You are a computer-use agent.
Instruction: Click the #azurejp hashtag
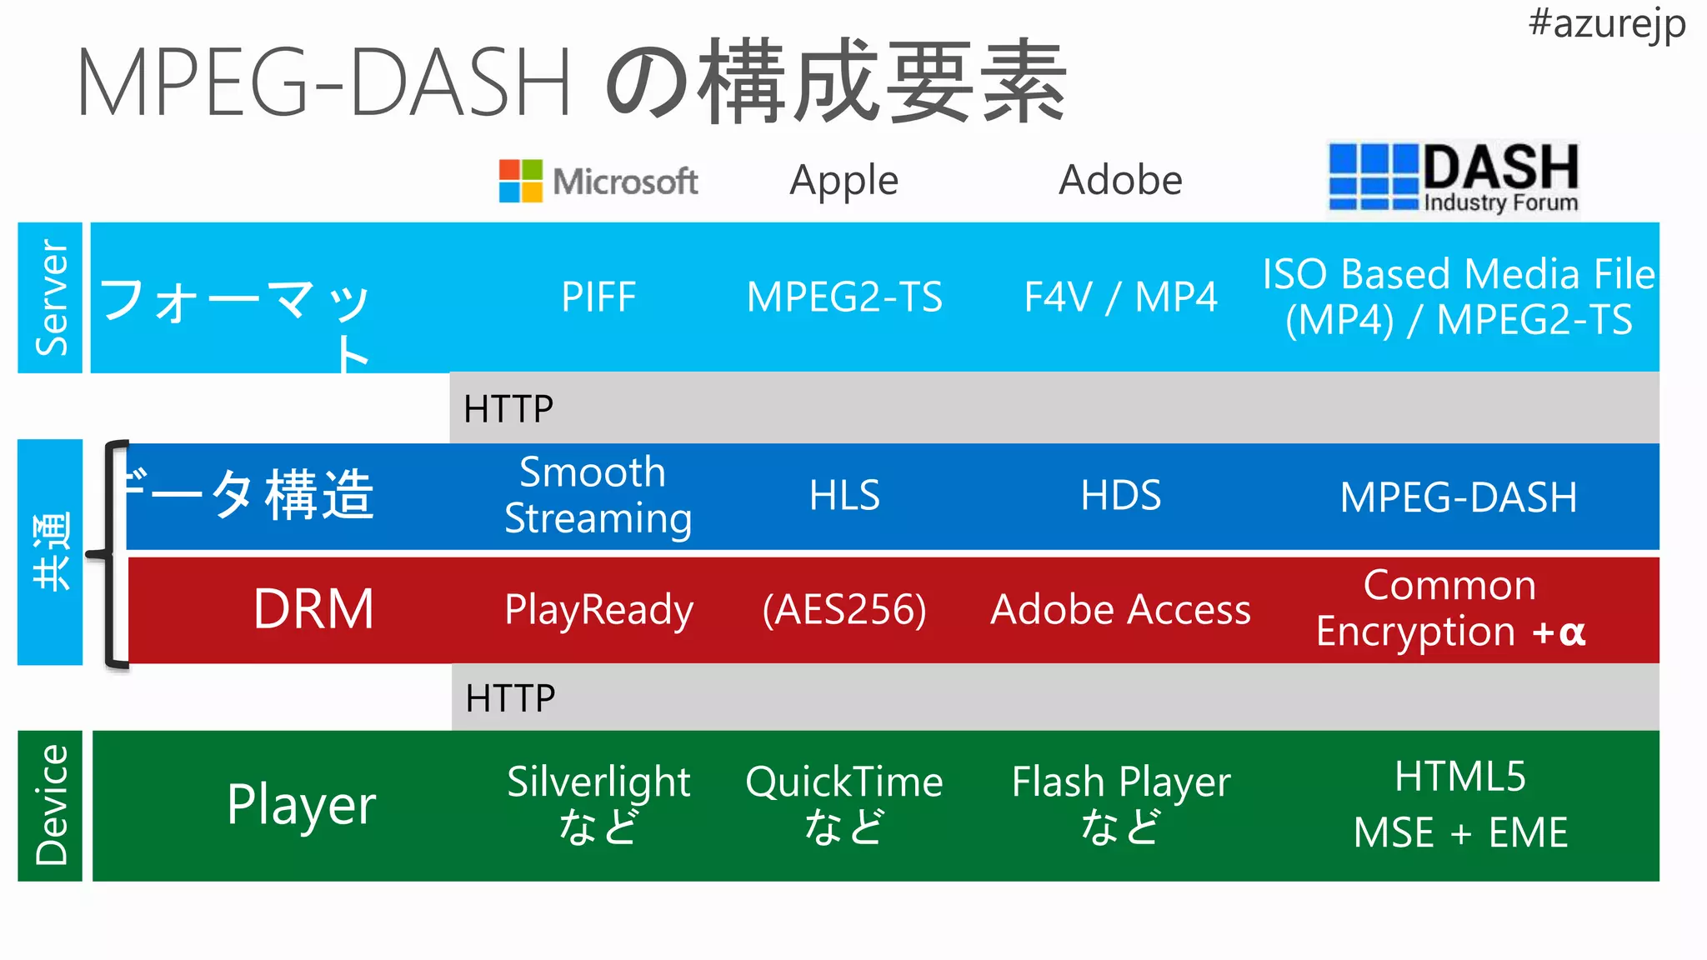point(1606,22)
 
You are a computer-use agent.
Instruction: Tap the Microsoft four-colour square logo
point(521,181)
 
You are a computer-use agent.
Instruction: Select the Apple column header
point(843,180)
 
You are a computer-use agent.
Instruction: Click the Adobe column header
point(1120,180)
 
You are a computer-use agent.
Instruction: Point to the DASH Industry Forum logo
point(1454,178)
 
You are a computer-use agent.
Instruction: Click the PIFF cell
point(598,297)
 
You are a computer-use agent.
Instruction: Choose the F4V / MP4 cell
point(1120,297)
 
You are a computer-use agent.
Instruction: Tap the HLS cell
point(844,495)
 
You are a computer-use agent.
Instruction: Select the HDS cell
point(1120,495)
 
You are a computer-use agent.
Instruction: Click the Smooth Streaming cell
point(598,495)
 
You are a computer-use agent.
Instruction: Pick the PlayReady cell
point(598,609)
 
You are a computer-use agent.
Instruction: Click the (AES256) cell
point(844,609)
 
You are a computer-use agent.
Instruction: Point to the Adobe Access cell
point(1120,609)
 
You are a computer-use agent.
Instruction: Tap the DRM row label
point(313,608)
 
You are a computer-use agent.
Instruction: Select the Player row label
point(301,805)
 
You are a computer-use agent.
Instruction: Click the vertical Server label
point(51,297)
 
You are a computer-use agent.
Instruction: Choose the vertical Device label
point(51,805)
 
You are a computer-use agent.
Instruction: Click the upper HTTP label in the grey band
point(508,408)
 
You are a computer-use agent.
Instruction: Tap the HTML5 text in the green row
point(1459,776)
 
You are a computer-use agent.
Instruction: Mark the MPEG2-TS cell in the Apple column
point(844,297)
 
